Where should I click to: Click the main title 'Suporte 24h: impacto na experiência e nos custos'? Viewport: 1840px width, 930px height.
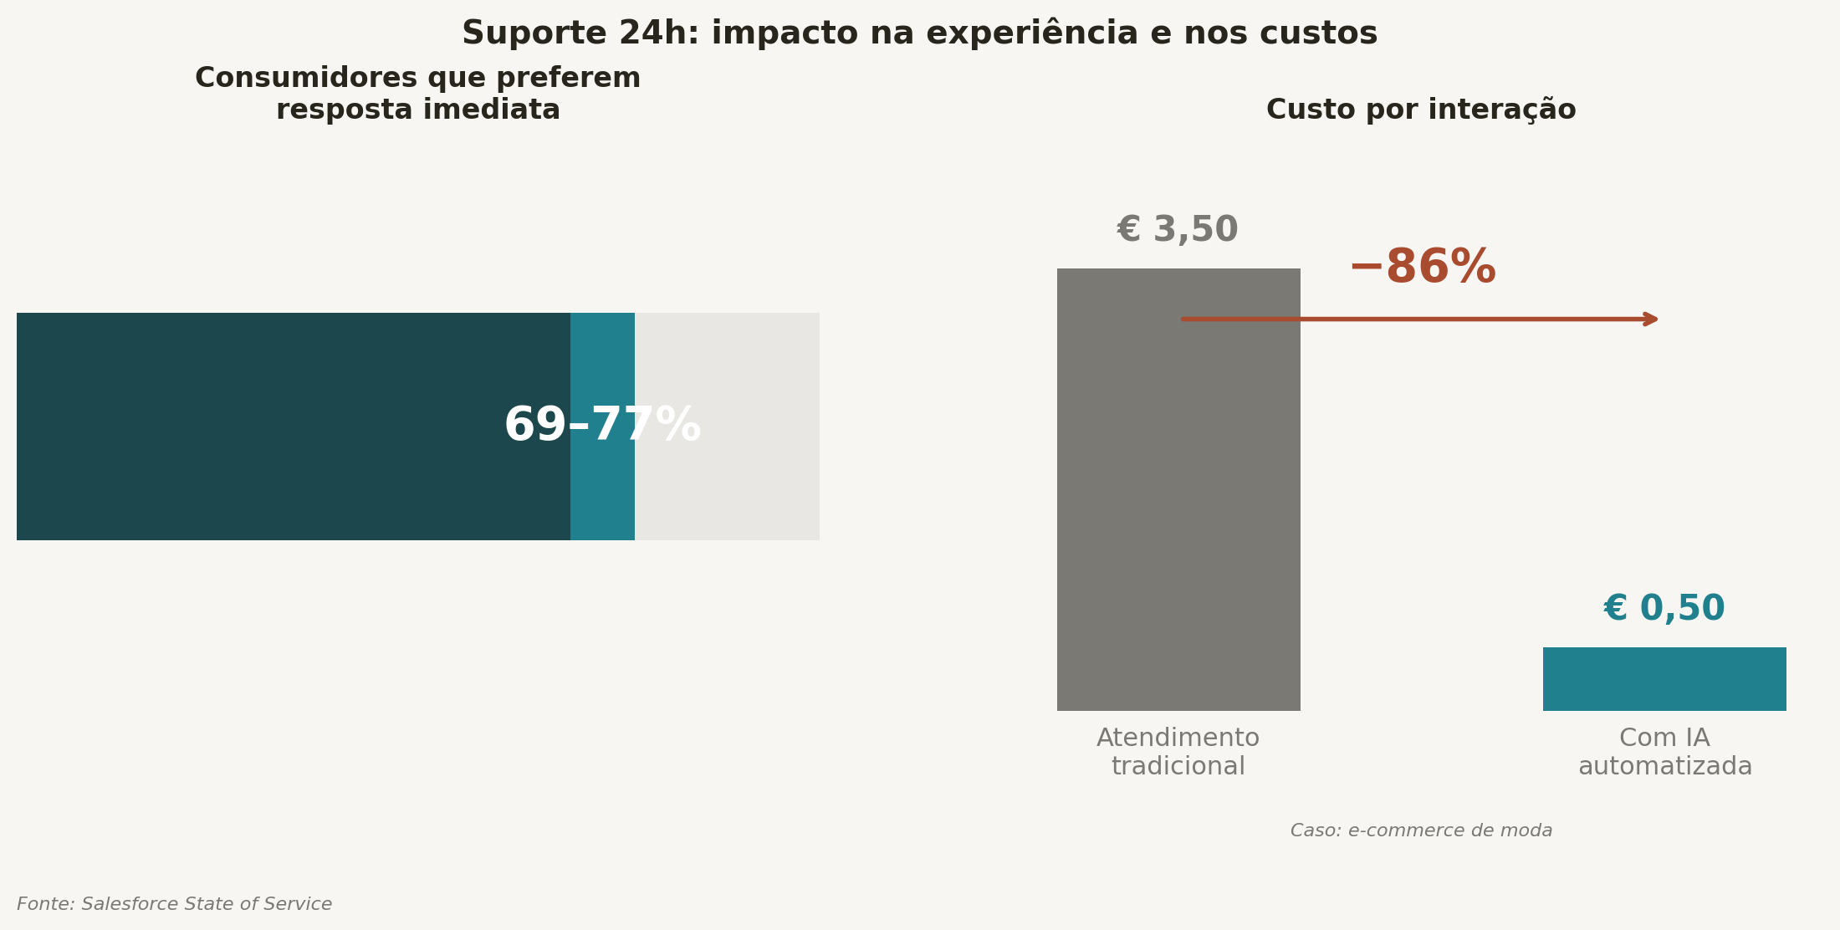pos(919,33)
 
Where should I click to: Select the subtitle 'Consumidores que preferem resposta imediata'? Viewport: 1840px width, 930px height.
pos(417,94)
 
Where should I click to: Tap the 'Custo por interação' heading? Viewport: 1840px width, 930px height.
pos(1420,110)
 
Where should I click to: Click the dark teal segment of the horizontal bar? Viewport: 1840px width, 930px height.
pos(251,427)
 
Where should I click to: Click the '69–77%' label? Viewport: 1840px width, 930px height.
pos(602,426)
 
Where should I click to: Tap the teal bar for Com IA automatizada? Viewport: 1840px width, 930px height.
pos(1664,679)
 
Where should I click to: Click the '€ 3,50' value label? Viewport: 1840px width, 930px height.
pos(1177,230)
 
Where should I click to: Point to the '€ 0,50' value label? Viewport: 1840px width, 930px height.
pos(1664,609)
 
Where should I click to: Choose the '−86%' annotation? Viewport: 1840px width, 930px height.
pos(1422,268)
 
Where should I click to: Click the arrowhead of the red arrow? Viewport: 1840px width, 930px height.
pos(1652,319)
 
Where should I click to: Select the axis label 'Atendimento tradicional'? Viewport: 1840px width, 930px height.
pos(1178,752)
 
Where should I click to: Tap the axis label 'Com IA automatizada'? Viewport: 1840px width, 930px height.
pos(1664,752)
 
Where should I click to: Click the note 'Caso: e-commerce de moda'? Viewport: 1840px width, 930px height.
pos(1421,830)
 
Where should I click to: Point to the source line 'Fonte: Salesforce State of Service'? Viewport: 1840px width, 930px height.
pos(174,904)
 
